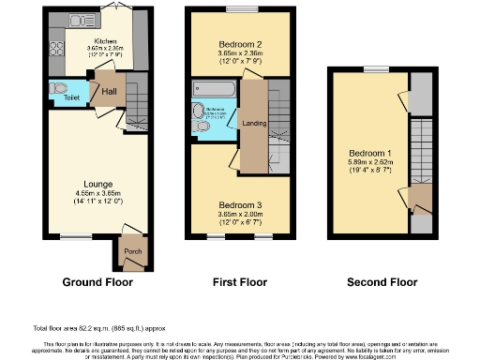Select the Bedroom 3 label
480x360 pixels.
click(239, 204)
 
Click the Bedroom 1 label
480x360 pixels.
click(366, 153)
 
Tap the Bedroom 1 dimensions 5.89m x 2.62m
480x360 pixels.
click(366, 163)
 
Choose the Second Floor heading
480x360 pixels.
click(382, 281)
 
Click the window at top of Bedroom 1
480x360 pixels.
click(377, 68)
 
